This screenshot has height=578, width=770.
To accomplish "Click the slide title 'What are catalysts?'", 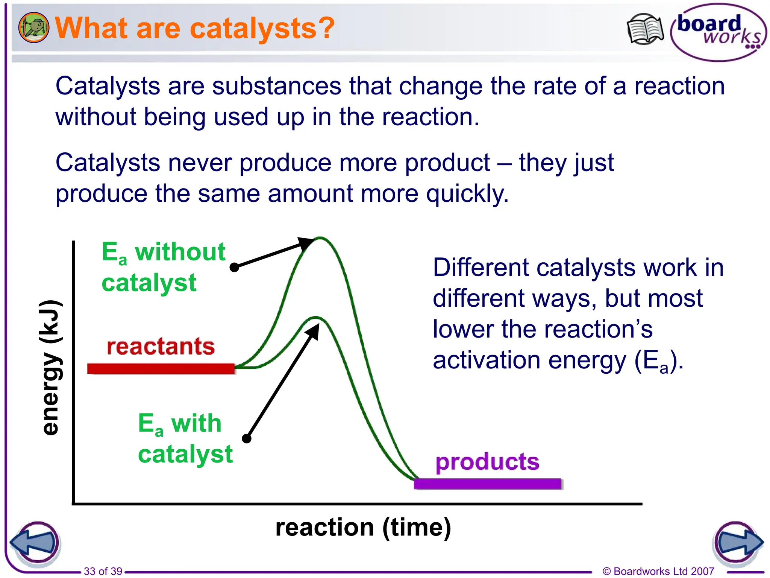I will (x=195, y=28).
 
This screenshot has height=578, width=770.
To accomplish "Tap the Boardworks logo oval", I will (x=718, y=32).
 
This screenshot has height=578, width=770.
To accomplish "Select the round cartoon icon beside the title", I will (x=33, y=27).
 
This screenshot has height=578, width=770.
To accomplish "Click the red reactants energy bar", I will (x=161, y=368).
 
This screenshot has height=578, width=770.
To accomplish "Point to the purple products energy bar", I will (x=487, y=484).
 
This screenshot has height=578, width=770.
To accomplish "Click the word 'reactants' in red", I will (x=161, y=347).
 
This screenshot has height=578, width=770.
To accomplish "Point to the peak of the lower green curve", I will (x=316, y=317).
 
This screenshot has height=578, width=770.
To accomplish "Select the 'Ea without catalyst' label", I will (x=163, y=267).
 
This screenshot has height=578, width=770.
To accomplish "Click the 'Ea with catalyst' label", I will (x=185, y=438).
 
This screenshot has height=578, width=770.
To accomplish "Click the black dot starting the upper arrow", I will (x=234, y=267).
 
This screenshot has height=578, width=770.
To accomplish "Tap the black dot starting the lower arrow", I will (x=247, y=438).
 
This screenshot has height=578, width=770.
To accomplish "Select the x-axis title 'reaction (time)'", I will (x=363, y=528).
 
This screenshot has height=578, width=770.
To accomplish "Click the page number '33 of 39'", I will (x=103, y=571).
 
